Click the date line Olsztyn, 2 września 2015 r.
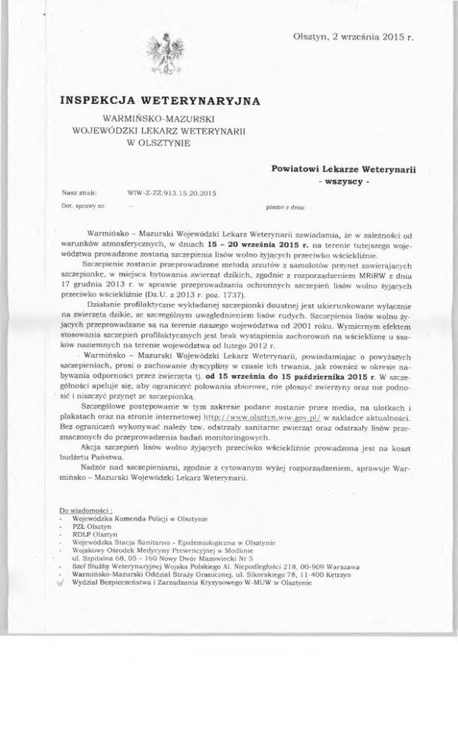coord(351,36)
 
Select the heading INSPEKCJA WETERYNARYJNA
coord(160,100)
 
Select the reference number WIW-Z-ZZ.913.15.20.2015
coord(173,193)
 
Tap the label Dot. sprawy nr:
coord(80,206)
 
